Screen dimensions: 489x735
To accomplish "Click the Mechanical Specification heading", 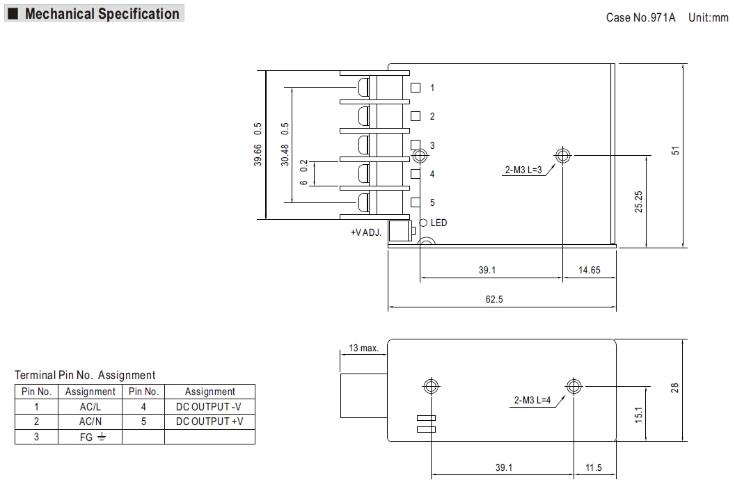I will pyautogui.click(x=102, y=14).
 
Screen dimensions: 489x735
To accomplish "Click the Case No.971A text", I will pyautogui.click(x=640, y=17).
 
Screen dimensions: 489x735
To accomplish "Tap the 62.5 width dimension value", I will pyautogui.click(x=493, y=300).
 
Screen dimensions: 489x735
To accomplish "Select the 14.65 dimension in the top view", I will pyautogui.click(x=589, y=271).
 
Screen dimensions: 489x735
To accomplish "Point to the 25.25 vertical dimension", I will pyautogui.click(x=638, y=202).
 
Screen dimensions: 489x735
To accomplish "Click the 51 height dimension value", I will pyautogui.click(x=675, y=151).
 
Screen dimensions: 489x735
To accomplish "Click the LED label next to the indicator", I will pyautogui.click(x=439, y=223).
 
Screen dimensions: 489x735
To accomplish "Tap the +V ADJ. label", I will pyautogui.click(x=366, y=232).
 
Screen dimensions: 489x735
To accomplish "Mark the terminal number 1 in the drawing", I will pyautogui.click(x=432, y=88).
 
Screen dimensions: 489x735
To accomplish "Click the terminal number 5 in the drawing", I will pyautogui.click(x=432, y=202).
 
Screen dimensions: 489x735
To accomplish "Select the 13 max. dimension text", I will pyautogui.click(x=363, y=348).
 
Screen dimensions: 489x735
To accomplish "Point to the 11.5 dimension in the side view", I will pyautogui.click(x=593, y=468).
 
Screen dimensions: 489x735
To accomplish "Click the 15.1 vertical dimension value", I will pyautogui.click(x=638, y=414).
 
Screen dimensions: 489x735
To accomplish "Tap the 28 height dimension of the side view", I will pyautogui.click(x=674, y=388).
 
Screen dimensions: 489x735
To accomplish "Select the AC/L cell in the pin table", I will pyautogui.click(x=90, y=406).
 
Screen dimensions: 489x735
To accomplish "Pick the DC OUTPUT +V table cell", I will pyautogui.click(x=210, y=422).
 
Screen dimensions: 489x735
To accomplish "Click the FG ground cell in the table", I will pyautogui.click(x=90, y=437).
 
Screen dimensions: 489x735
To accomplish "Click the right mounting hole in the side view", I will pyautogui.click(x=574, y=386).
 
